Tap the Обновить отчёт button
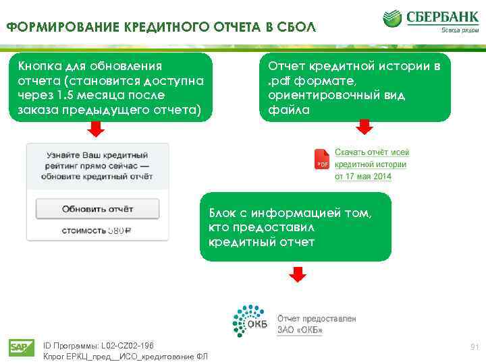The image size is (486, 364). click(x=97, y=209)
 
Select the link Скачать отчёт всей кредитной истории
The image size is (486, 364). click(x=371, y=158)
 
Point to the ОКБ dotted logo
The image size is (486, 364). click(x=248, y=322)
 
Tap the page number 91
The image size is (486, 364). click(x=475, y=347)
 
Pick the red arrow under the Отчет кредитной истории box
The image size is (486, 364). click(x=364, y=127)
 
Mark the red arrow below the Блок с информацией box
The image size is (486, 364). click(x=298, y=274)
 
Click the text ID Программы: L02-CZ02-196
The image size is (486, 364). click(x=98, y=344)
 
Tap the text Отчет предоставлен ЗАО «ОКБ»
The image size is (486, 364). click(x=317, y=324)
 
